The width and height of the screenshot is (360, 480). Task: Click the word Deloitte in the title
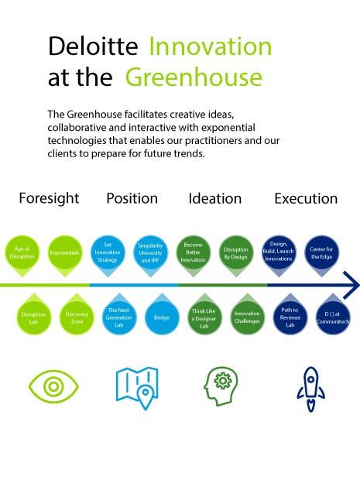click(93, 46)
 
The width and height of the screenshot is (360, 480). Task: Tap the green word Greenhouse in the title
click(194, 77)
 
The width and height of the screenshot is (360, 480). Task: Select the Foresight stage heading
click(49, 199)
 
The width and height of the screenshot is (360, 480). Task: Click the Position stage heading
click(132, 199)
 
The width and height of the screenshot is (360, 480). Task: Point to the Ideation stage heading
click(215, 199)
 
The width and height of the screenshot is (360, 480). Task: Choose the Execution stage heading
click(306, 199)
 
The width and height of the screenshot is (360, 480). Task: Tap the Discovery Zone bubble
click(77, 315)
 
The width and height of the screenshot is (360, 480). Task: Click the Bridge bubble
click(162, 315)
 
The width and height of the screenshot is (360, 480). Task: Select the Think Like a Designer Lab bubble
click(204, 315)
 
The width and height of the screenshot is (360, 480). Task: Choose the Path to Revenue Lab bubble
click(290, 315)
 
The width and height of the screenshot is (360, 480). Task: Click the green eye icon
click(53, 386)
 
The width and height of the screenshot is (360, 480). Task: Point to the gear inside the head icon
click(223, 381)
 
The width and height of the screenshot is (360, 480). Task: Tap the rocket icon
click(310, 389)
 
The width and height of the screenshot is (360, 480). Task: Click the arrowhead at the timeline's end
click(352, 285)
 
